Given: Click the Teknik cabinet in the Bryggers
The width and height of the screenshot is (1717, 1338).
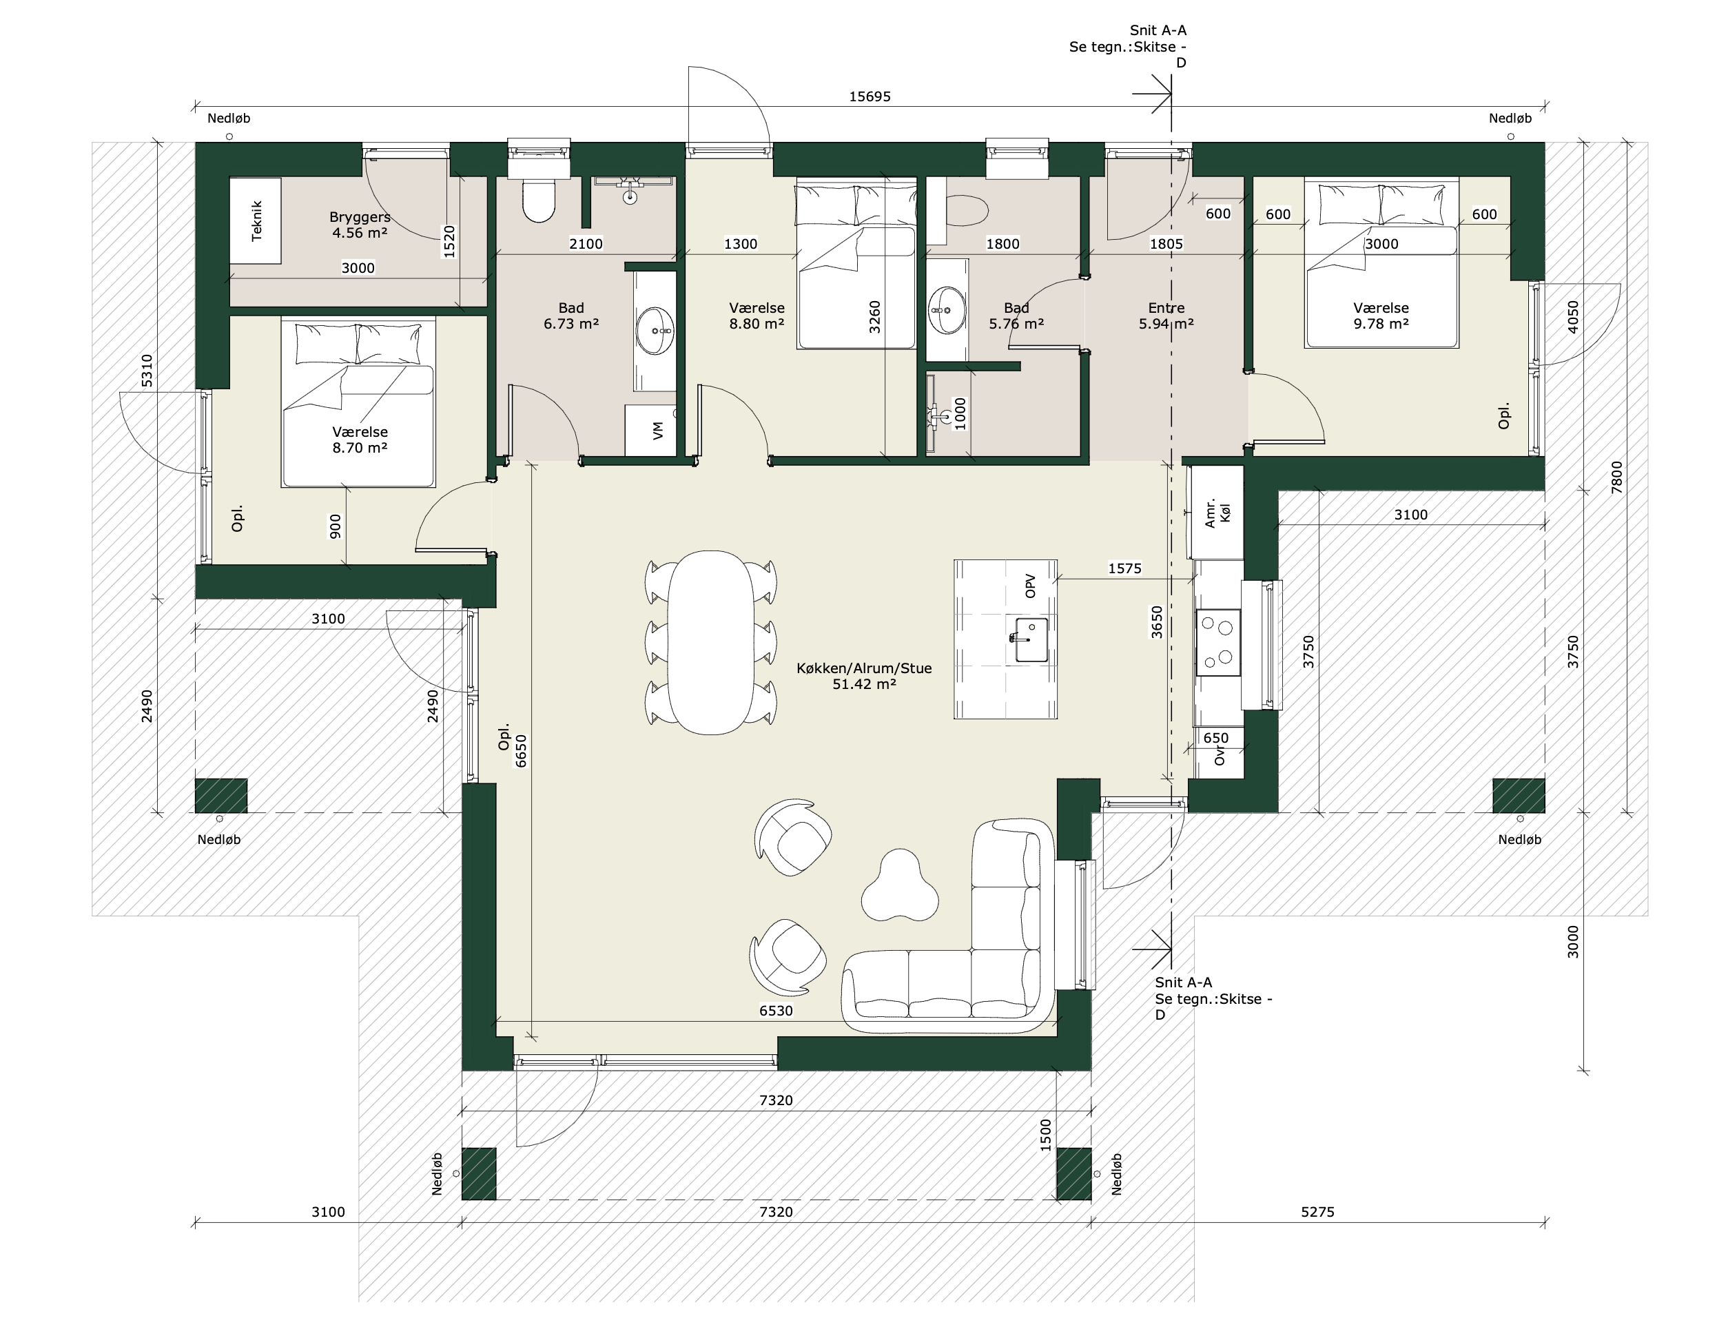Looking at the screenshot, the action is pos(256,221).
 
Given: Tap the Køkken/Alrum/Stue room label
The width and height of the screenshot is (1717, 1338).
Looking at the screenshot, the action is pos(864,676).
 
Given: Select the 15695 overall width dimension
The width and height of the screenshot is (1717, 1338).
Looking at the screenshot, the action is pos(870,96).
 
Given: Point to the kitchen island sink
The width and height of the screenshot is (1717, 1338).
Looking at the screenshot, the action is pos(1030,639).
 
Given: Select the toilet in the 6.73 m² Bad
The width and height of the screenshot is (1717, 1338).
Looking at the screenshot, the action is pos(539,200).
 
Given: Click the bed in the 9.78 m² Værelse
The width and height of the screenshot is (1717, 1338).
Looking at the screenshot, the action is pos(1381,263).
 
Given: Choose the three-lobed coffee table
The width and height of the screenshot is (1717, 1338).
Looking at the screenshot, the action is pos(899,885).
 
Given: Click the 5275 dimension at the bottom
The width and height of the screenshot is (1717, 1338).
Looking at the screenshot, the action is pos(1317,1211).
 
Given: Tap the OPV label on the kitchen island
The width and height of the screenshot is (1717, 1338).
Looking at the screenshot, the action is pos(1031,586).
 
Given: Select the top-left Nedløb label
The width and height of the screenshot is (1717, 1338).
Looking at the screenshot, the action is pos(229,119).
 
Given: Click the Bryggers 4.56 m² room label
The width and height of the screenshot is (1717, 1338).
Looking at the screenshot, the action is pos(360,225).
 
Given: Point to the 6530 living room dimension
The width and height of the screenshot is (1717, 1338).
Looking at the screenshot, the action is pos(776,1011).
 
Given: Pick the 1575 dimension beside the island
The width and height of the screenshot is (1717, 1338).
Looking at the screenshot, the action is pos(1124,568).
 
